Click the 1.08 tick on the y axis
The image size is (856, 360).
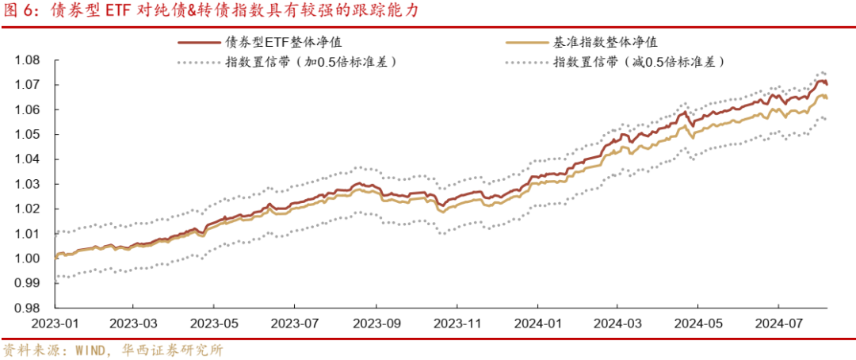29,60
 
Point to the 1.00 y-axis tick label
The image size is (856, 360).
29,259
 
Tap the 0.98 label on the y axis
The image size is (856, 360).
29,308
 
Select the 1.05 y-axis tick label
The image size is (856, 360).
29,135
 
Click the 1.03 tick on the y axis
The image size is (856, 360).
29,184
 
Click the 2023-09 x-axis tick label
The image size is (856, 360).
376,324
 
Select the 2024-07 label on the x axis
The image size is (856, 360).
779,324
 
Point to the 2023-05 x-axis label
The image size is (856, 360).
214,324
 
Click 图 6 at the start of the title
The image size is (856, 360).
21,12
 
